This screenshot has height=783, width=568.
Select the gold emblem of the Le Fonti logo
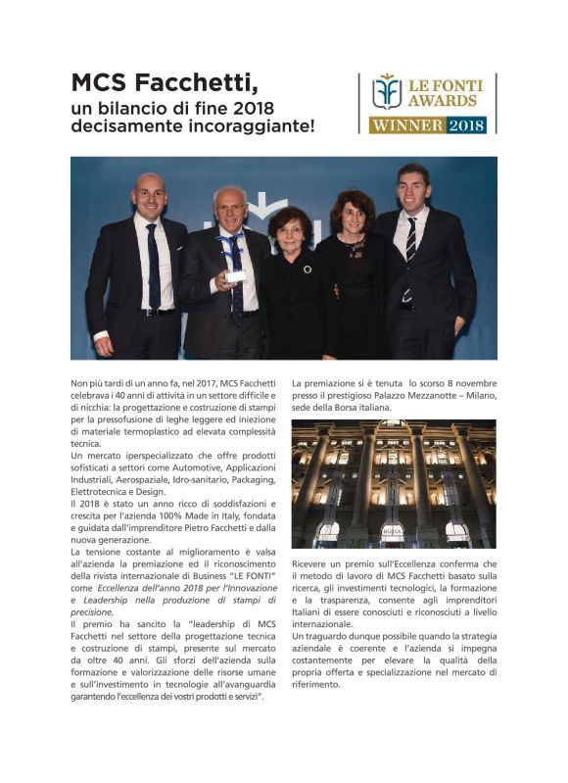coord(387,91)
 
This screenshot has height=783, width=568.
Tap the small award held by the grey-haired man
coord(235,276)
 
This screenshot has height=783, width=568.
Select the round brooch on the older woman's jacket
coord(308,269)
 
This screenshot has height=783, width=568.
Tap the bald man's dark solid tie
coord(154,265)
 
